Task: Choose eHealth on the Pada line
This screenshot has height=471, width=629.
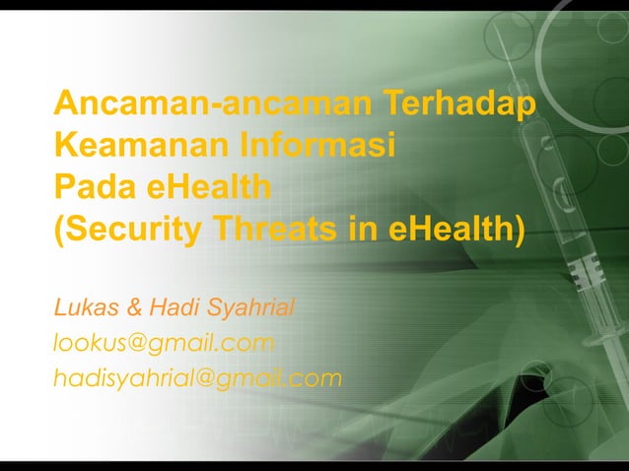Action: (208, 187)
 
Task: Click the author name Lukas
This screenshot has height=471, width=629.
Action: (84, 308)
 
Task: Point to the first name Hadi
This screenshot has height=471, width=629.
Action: (169, 308)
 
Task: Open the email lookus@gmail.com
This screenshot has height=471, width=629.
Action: (164, 343)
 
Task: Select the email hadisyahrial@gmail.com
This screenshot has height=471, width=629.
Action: (197, 376)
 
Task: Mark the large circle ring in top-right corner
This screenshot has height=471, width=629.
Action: (592, 39)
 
